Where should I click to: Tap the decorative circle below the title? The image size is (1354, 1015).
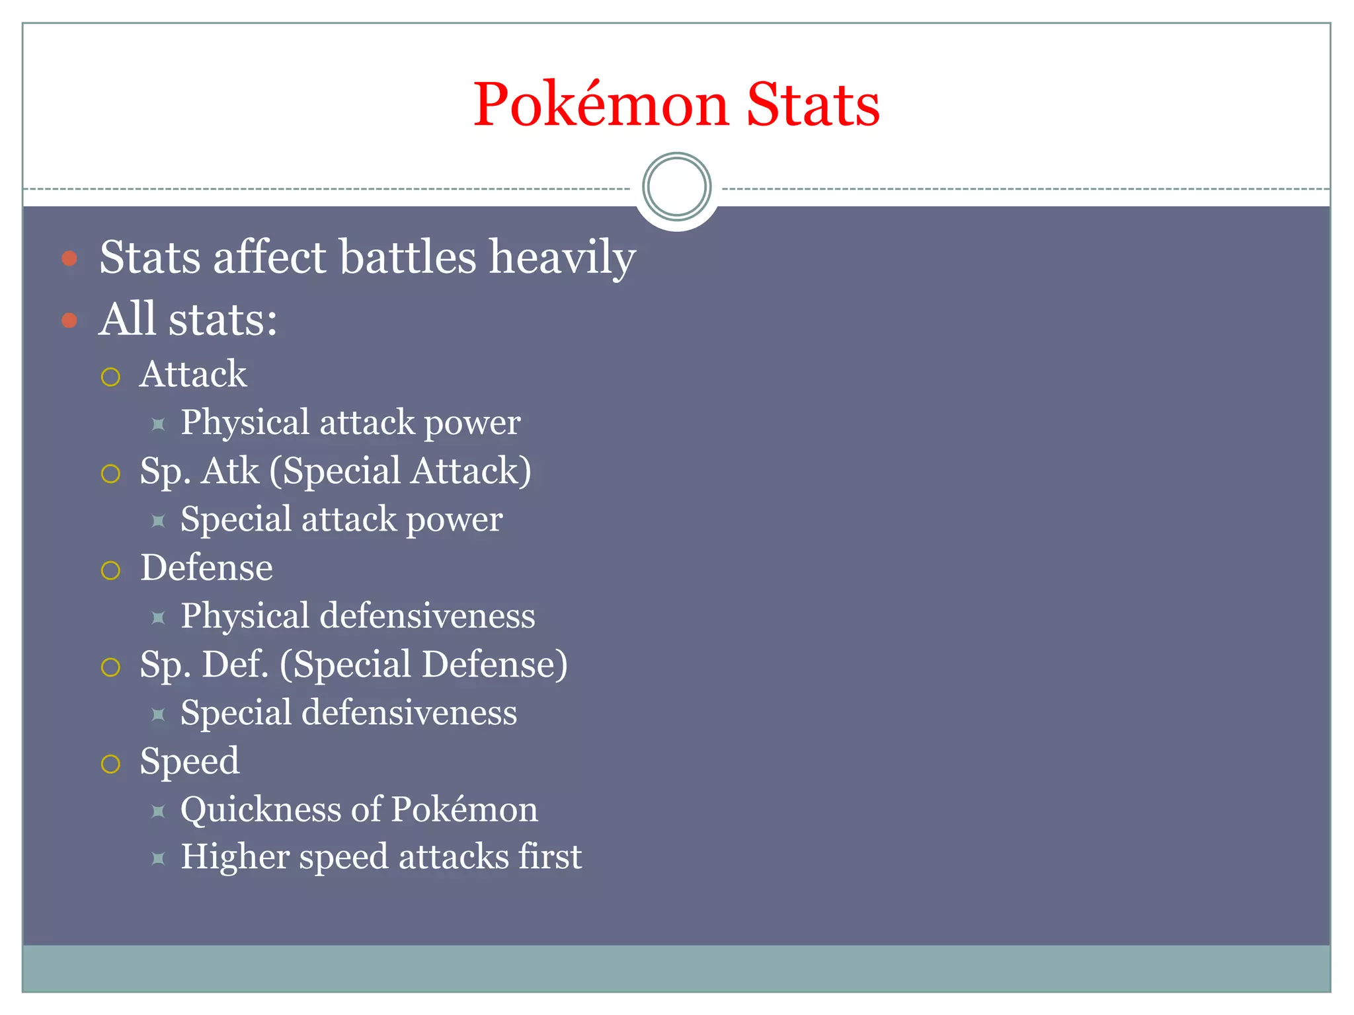(x=676, y=187)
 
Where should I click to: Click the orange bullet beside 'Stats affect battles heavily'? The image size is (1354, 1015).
(x=69, y=258)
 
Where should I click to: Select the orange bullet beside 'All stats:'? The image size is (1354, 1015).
(x=69, y=320)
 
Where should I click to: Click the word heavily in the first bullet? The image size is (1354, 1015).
(x=562, y=258)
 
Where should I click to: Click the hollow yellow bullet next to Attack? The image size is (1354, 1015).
(x=110, y=377)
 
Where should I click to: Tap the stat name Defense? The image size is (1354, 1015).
(x=206, y=568)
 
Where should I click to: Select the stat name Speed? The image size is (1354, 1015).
(x=190, y=761)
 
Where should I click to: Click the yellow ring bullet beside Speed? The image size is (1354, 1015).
(x=110, y=764)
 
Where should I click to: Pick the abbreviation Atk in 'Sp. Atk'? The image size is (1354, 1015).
(x=231, y=471)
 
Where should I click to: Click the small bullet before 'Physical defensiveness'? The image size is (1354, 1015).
(x=158, y=618)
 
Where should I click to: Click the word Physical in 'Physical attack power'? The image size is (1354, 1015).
(x=245, y=423)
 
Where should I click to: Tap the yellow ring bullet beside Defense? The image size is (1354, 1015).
(x=110, y=570)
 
